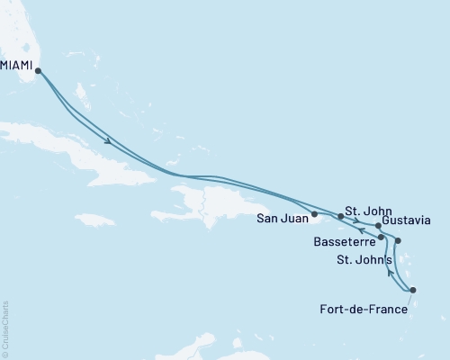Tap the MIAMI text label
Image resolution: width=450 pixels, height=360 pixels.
(19, 66)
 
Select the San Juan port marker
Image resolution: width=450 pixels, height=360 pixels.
(314, 214)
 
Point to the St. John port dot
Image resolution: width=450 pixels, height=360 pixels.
(340, 217)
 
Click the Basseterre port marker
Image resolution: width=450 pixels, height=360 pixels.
(382, 237)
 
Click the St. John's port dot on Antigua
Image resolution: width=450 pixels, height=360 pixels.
(398, 241)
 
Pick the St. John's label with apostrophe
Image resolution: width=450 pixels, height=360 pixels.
(364, 261)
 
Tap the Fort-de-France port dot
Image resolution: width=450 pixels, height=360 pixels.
(412, 290)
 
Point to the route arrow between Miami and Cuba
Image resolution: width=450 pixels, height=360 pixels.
(108, 140)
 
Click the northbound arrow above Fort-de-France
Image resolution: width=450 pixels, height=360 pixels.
(389, 267)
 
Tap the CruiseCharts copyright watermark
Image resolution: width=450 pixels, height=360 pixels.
(4, 328)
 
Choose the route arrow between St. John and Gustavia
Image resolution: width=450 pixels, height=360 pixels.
(357, 221)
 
